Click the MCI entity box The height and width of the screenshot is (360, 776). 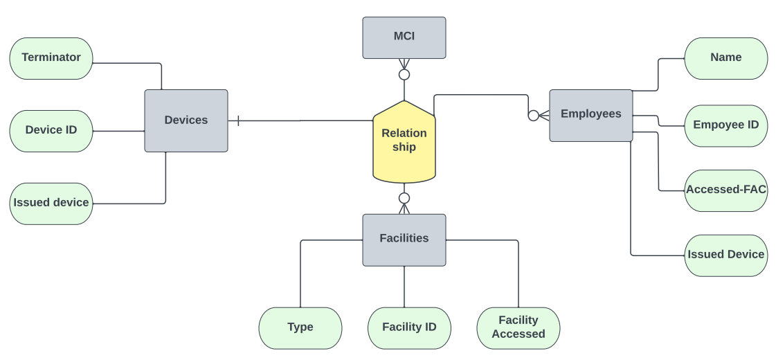[x=404, y=37]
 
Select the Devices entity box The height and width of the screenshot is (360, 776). [x=186, y=120]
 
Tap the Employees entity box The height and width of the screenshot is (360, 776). [x=590, y=115]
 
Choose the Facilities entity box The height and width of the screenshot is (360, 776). [x=404, y=240]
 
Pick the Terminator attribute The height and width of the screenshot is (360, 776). [x=51, y=58]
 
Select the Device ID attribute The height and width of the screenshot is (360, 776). [x=51, y=131]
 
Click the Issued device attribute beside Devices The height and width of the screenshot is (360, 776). [x=51, y=204]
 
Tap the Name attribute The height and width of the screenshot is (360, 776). [x=725, y=58]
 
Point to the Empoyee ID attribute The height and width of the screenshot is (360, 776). [x=725, y=126]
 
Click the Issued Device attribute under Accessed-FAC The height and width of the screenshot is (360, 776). [x=725, y=255]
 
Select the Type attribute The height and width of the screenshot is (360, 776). [x=300, y=327]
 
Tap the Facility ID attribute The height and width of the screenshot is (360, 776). [x=409, y=327]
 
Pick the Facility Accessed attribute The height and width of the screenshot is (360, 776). [x=518, y=327]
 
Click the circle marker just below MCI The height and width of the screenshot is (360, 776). [x=404, y=74]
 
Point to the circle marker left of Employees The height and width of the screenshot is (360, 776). [x=533, y=116]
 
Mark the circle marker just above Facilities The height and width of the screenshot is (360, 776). [x=404, y=198]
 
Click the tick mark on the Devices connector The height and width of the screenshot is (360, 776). [x=238, y=121]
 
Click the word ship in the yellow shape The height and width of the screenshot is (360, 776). [x=404, y=147]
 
